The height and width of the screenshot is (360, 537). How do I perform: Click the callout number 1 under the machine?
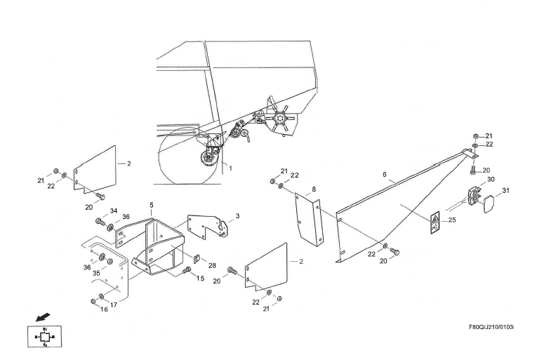(x=230, y=168)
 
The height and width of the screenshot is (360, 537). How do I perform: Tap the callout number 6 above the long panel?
(x=385, y=174)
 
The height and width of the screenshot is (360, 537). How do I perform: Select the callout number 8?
(x=314, y=189)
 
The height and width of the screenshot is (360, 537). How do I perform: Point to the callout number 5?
(x=151, y=205)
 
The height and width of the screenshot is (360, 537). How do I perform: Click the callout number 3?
(x=237, y=216)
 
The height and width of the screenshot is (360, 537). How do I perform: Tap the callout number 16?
(x=105, y=309)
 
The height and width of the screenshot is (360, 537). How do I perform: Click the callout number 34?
(x=114, y=210)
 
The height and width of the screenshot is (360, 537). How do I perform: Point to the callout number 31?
(x=506, y=190)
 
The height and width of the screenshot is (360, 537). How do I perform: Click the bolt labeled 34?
(x=99, y=221)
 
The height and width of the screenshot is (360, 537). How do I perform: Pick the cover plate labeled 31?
(x=490, y=203)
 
